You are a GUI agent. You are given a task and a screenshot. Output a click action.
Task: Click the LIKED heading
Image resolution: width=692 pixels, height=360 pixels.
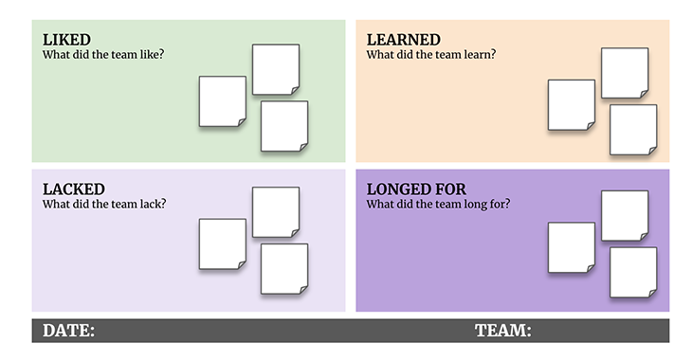coord(66,40)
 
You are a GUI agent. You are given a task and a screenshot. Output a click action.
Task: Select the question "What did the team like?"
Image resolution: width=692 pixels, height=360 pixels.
coord(103,55)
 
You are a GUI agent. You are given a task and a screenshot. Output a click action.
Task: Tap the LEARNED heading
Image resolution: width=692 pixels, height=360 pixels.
coord(404,40)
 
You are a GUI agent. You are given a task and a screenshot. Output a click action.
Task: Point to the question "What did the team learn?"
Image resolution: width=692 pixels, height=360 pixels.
coord(431,55)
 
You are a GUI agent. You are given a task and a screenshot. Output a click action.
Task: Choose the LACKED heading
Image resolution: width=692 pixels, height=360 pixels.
coord(74,189)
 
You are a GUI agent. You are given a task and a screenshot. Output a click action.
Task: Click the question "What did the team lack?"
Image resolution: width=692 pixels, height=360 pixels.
coord(104,205)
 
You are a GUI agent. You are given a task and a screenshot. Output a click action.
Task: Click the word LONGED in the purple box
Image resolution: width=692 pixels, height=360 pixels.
coord(398,189)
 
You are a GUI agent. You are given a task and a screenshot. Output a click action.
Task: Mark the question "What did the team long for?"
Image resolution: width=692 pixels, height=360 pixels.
coord(438,205)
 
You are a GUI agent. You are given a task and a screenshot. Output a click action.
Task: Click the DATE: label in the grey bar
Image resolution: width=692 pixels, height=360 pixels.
coord(68,331)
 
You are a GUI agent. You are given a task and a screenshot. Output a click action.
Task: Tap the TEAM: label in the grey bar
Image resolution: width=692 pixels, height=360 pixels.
coord(503,331)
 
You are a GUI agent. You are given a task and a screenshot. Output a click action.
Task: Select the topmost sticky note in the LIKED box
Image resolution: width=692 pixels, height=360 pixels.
coord(276,69)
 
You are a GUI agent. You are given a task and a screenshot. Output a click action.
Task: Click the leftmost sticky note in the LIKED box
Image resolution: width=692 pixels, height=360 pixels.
coord(223,101)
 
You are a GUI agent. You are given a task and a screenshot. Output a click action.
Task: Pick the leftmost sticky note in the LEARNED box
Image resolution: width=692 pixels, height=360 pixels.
coord(572,105)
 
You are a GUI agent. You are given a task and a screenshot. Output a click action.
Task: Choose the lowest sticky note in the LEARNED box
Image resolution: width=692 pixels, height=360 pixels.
coord(633,130)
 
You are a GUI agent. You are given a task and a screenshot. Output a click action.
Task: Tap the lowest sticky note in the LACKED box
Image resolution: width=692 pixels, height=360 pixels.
coord(284,269)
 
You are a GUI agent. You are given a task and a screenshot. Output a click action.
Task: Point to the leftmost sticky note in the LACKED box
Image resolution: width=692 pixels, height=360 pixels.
coord(223,244)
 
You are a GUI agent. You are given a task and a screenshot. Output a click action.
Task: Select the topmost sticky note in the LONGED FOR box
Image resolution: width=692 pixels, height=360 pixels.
coord(625,216)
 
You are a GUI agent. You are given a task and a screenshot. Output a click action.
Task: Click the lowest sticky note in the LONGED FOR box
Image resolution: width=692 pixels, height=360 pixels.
coord(633,272)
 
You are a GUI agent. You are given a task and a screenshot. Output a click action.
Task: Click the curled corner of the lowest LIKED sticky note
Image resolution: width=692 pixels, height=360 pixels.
coord(303,148)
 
